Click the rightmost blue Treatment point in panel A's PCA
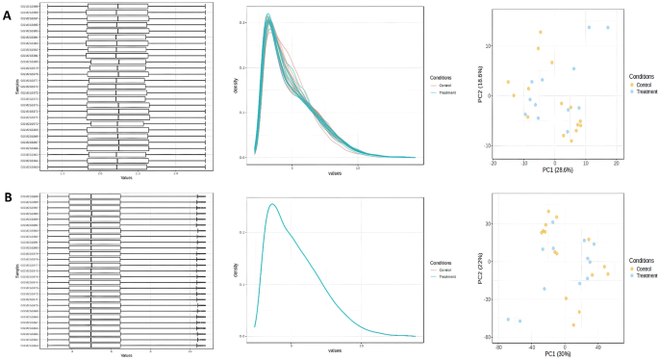[x=608, y=28]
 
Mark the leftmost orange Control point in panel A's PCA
[x=509, y=82]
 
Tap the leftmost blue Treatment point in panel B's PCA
[x=508, y=320]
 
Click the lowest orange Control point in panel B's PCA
[x=572, y=325]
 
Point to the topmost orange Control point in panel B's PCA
[x=549, y=212]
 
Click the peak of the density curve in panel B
[x=273, y=204]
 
